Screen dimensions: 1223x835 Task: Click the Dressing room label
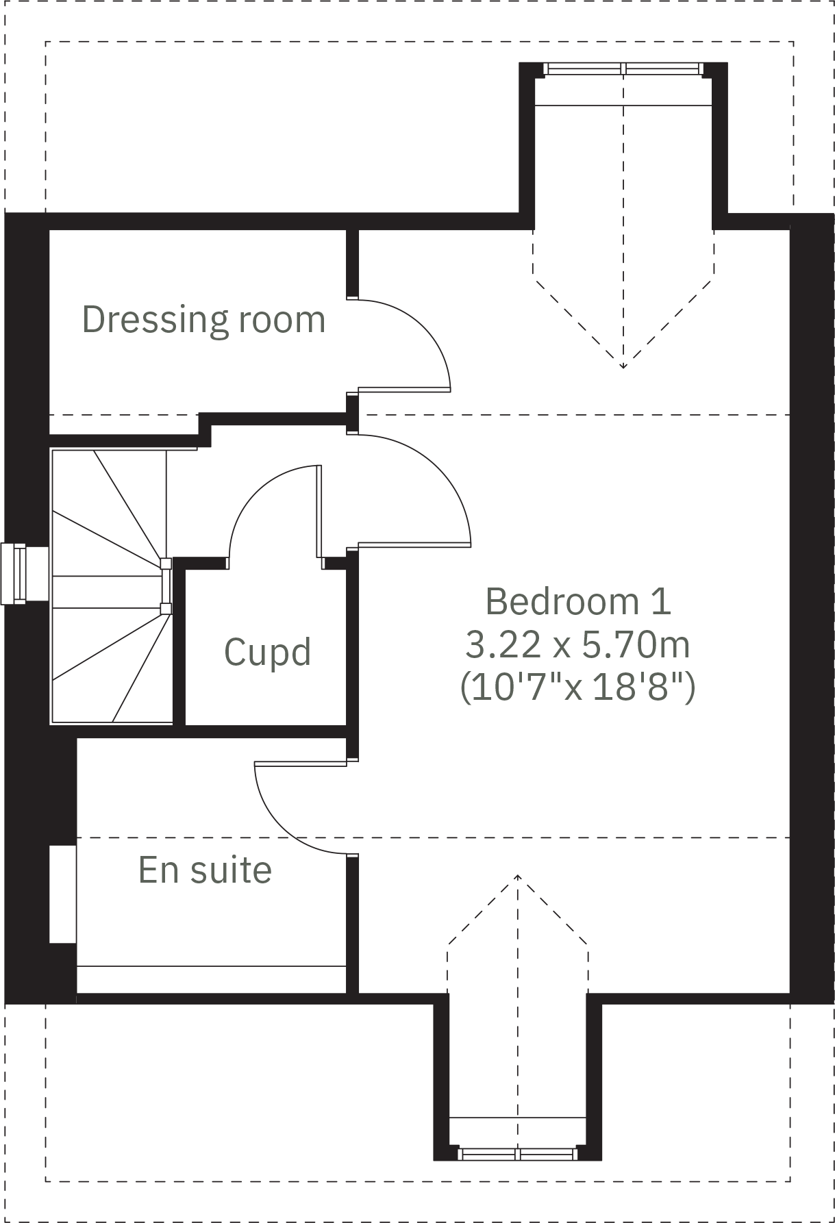point(203,320)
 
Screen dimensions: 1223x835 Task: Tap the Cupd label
point(267,652)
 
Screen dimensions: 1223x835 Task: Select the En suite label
point(205,870)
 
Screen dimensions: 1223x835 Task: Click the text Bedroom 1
point(577,601)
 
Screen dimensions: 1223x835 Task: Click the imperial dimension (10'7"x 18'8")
point(577,687)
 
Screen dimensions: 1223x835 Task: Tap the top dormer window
point(623,68)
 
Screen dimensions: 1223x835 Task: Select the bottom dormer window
point(518,1154)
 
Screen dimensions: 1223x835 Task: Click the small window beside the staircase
point(14,574)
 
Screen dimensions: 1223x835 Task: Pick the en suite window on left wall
point(62,894)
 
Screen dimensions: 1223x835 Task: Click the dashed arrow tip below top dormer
point(623,367)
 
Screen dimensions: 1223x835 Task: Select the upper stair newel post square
point(165,564)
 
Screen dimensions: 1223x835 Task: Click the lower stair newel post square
point(165,607)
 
